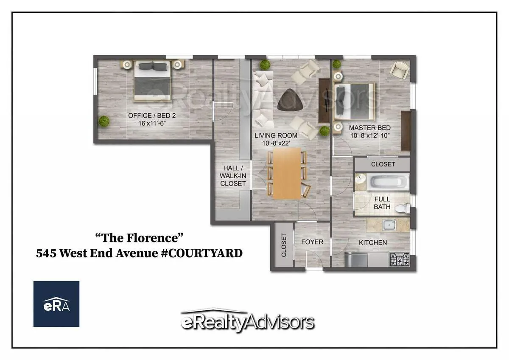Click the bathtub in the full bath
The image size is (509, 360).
(389, 183)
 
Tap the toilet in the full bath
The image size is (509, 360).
(405, 208)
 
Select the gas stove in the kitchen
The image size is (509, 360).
(399, 259)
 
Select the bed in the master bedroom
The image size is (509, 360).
(355, 101)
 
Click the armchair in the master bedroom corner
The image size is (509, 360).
(399, 70)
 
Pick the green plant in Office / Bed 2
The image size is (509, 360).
(104, 121)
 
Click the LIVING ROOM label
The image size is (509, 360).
(276, 136)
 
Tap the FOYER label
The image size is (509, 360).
(312, 242)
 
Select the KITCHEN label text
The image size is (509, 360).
(373, 242)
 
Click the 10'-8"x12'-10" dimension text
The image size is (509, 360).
(369, 136)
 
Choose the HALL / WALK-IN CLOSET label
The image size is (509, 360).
(233, 175)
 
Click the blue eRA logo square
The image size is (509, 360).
(56, 304)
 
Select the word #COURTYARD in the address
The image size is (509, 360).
(203, 253)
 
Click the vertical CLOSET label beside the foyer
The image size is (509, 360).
(284, 245)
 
